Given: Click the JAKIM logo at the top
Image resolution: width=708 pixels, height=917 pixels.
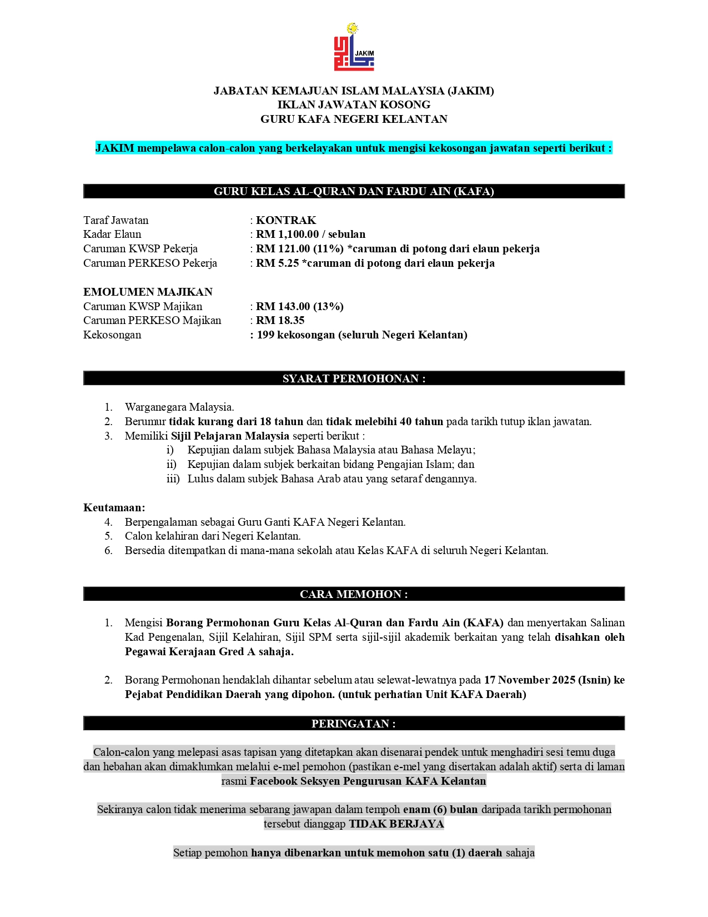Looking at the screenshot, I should coord(354,48).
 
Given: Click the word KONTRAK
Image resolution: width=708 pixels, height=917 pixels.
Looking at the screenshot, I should coord(286,220).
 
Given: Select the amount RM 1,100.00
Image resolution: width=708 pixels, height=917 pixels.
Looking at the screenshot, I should coord(287,235).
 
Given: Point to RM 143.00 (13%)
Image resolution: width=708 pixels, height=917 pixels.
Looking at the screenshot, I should coord(299,306).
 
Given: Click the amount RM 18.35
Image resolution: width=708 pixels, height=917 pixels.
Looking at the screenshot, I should coord(280,321).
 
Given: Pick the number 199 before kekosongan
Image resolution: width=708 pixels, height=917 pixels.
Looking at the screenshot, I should coord(265,335).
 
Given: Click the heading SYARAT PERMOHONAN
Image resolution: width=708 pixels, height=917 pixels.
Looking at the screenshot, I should coord(354,378).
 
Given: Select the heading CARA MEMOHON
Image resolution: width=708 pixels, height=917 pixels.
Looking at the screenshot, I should coord(354,594).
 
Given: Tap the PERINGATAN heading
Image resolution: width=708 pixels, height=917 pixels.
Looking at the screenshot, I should coord(354,724).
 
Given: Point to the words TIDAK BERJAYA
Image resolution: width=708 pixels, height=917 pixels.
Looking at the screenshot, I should coord(396,824).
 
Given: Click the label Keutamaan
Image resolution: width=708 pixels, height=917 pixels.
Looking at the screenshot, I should coord(114,507).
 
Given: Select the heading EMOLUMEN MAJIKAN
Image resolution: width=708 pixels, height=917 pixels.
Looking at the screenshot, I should coord(148,292).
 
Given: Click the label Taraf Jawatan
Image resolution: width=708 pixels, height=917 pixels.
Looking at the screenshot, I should coord(116,220).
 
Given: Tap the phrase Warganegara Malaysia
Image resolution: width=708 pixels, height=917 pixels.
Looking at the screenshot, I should coord(179,407).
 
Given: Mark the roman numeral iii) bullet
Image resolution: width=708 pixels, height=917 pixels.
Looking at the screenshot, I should coord(173,479).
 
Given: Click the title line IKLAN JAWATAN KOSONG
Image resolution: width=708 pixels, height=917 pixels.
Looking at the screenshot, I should coord(354,104).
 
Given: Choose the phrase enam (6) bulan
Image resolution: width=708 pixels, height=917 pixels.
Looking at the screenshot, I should coord(440,810).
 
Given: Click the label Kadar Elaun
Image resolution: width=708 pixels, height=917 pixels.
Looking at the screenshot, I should coord(112,235).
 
